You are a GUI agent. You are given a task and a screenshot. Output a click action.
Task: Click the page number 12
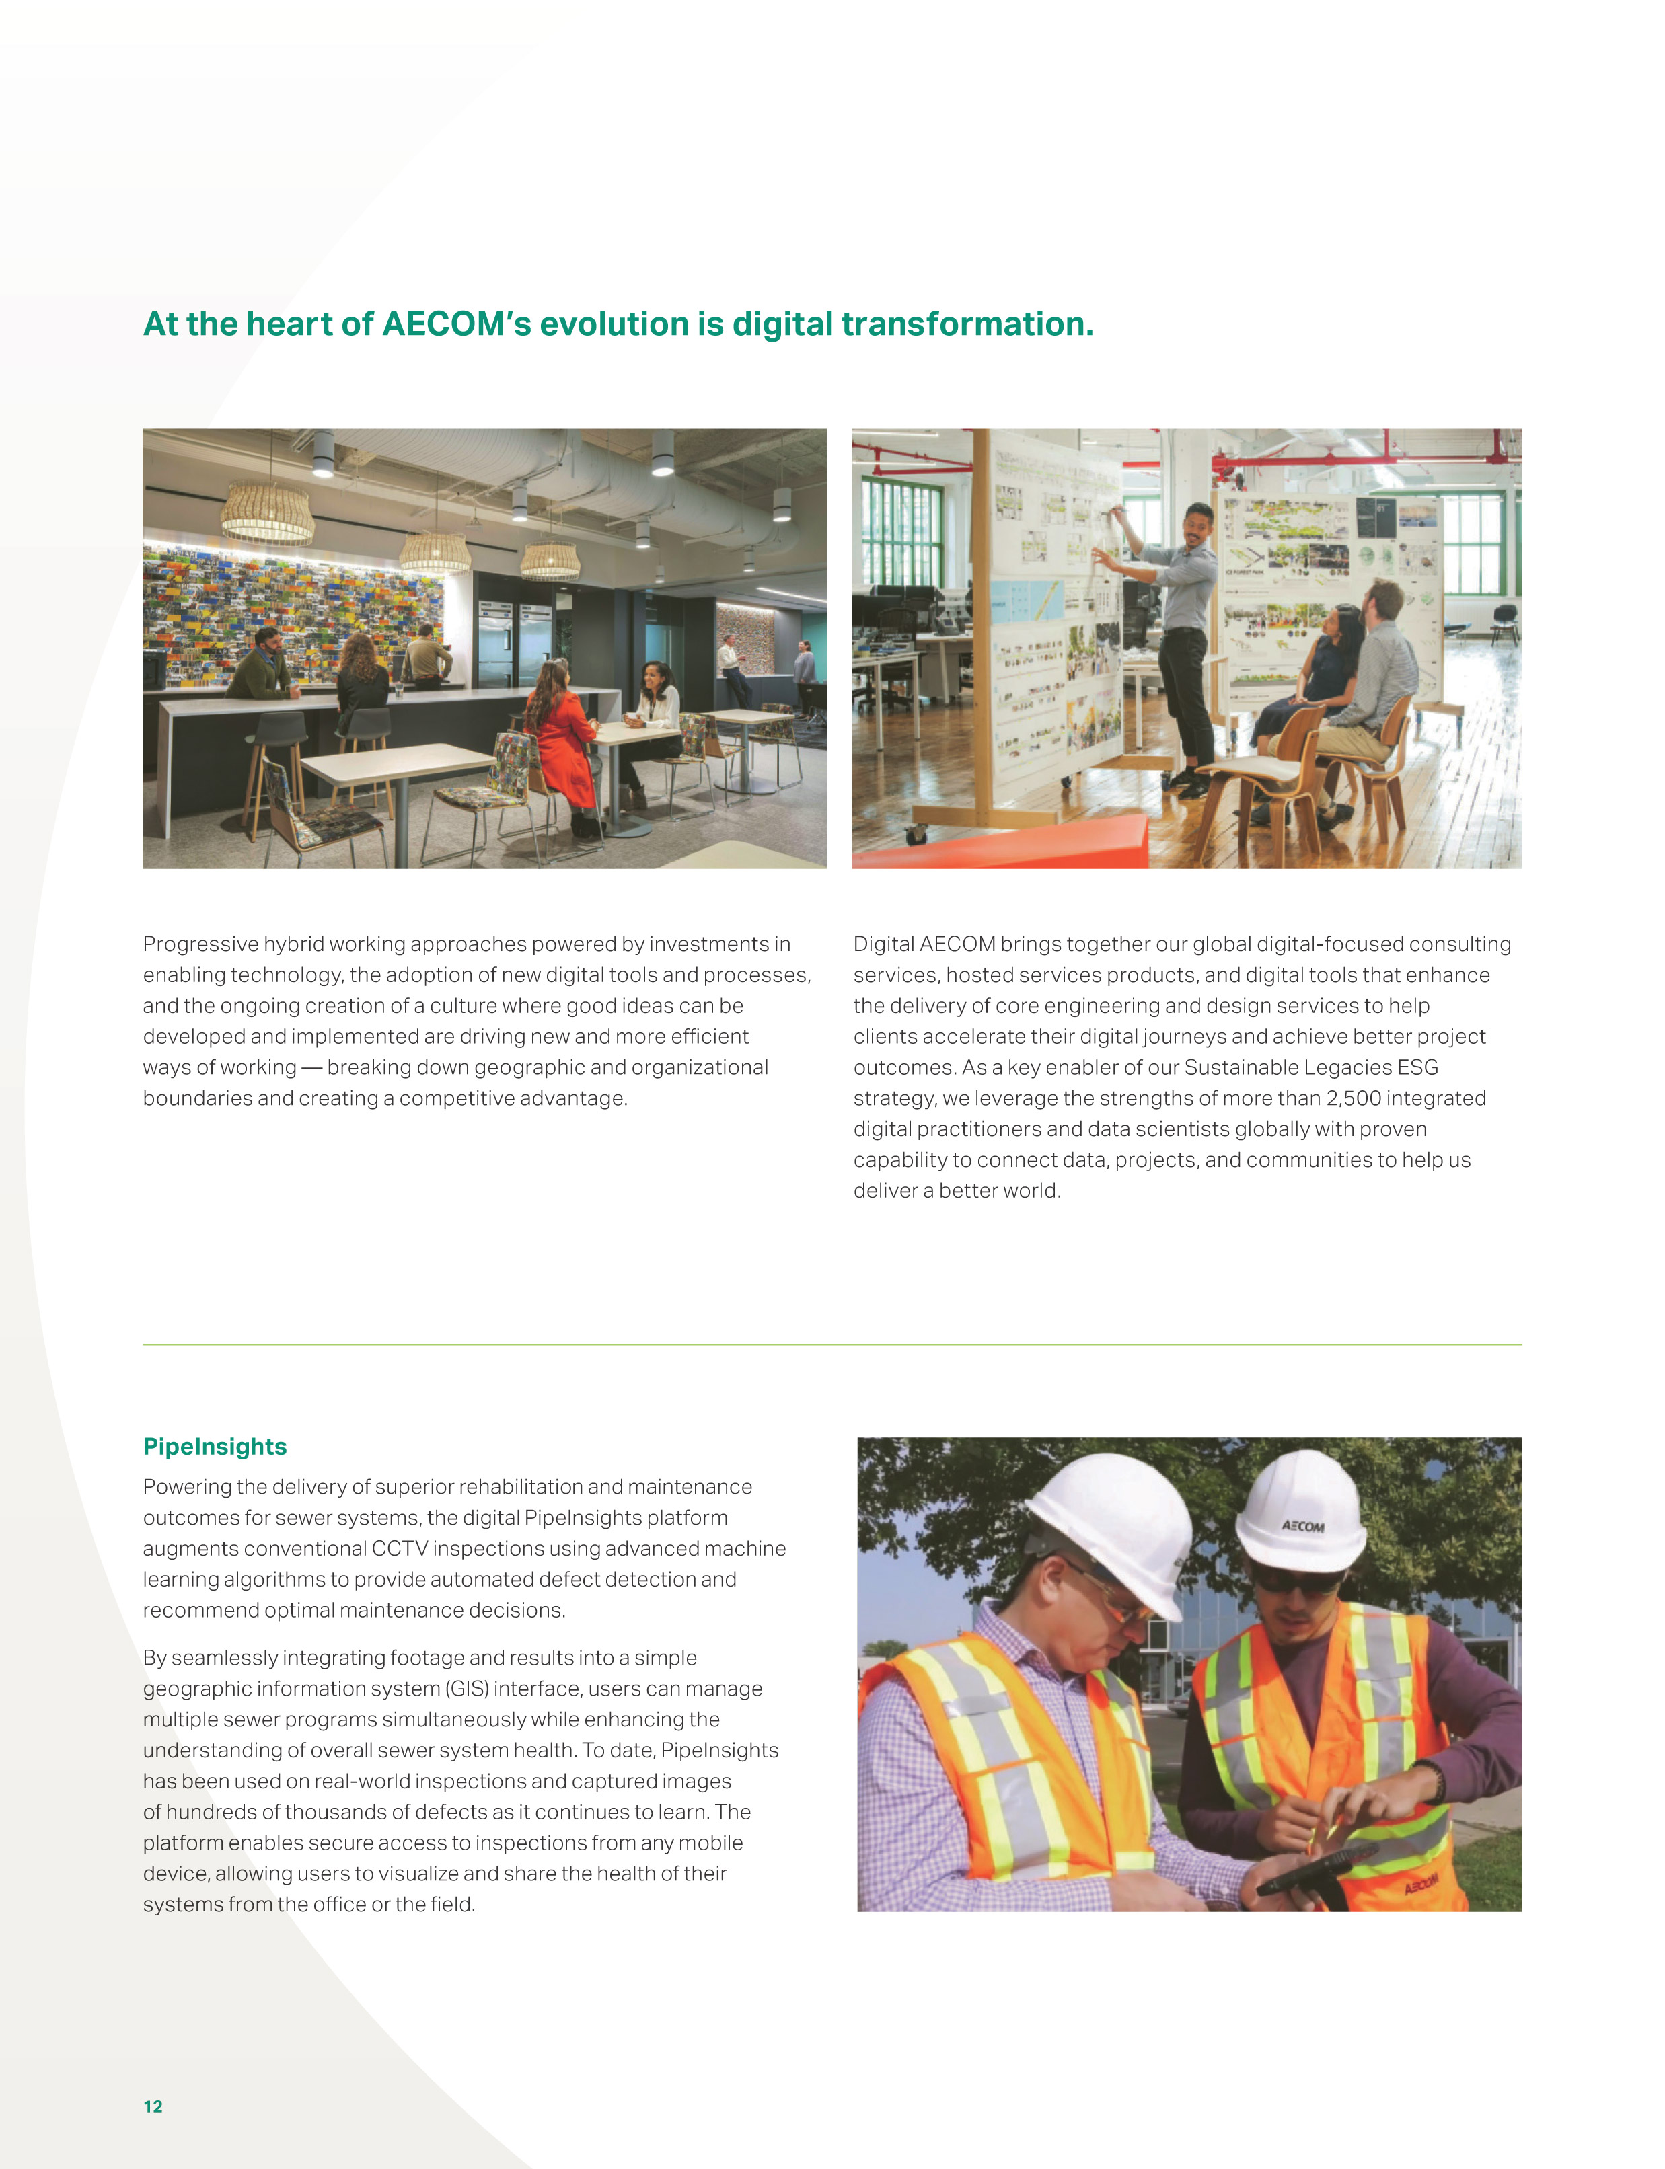(x=153, y=2106)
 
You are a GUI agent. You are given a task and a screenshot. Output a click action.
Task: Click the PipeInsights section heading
(x=215, y=1447)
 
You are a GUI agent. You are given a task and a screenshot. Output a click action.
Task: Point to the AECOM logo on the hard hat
(x=1302, y=1526)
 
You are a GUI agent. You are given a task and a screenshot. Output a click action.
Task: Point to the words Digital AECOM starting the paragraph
(x=924, y=944)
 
